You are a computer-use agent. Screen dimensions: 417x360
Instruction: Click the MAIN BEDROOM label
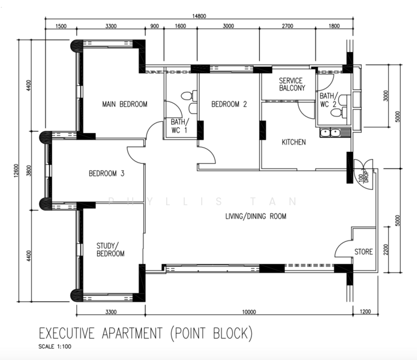[125, 104]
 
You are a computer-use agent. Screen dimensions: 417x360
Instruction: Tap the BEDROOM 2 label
[229, 104]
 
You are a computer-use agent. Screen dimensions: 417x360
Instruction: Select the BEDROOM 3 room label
[106, 173]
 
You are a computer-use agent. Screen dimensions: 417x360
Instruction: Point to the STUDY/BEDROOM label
[110, 250]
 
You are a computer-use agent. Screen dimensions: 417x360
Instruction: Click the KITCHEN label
[294, 142]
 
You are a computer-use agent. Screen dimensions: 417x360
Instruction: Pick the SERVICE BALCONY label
[292, 84]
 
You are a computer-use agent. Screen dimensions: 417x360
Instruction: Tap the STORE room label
[363, 251]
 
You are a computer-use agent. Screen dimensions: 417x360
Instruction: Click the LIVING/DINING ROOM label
[256, 216]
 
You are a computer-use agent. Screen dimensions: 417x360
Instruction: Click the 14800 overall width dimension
[199, 16]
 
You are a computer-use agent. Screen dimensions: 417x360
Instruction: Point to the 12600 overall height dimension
[16, 170]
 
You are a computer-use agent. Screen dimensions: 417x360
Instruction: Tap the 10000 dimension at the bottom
[249, 312]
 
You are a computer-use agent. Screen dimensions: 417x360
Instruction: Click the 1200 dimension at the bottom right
[365, 311]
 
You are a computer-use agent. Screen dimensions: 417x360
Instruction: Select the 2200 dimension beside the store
[386, 250]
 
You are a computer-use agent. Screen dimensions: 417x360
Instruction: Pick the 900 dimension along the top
[154, 26]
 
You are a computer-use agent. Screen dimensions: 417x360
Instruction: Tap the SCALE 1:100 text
[55, 346]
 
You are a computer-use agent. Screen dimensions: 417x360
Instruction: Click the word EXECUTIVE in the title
[67, 333]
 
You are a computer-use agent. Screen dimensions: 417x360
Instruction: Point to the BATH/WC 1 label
[180, 126]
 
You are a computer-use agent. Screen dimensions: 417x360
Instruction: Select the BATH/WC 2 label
[329, 100]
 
